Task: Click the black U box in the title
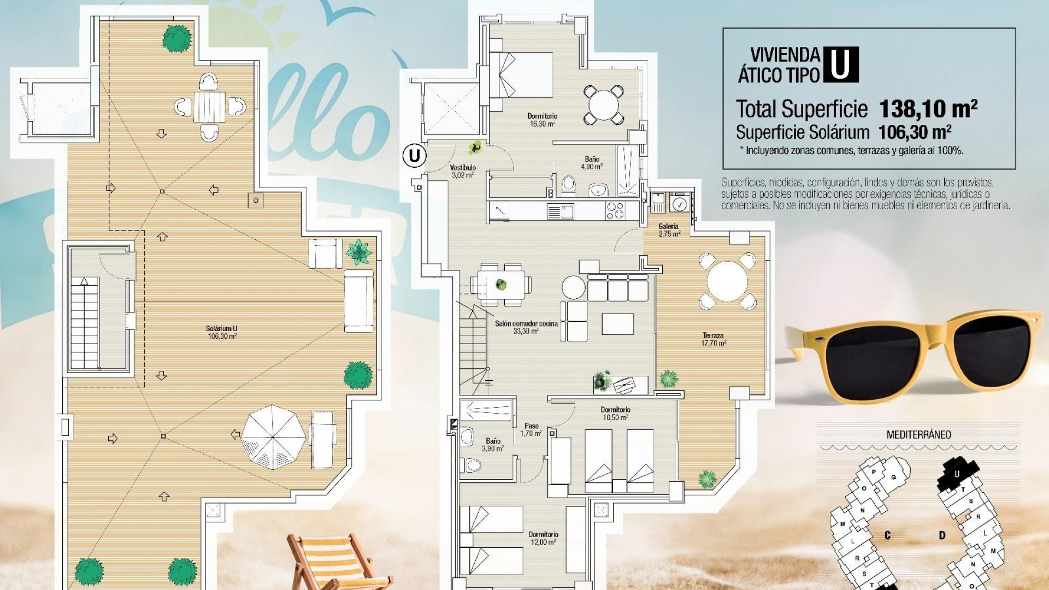[x=840, y=64]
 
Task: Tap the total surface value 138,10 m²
[x=928, y=109]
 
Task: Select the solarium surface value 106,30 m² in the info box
[x=915, y=132]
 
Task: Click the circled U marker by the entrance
[x=414, y=156]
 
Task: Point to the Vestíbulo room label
[x=463, y=171]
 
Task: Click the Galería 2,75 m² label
[x=669, y=230]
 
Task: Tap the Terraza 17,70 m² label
[x=714, y=339]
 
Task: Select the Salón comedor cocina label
[x=526, y=327]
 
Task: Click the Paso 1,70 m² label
[x=531, y=429]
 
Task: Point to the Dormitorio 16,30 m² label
[x=541, y=120]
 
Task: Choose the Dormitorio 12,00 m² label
[x=543, y=538]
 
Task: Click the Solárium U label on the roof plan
[x=221, y=332]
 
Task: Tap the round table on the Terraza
[x=727, y=281]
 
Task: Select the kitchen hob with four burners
[x=615, y=211]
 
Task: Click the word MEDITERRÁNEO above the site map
[x=918, y=435]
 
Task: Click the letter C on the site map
[x=887, y=535]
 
